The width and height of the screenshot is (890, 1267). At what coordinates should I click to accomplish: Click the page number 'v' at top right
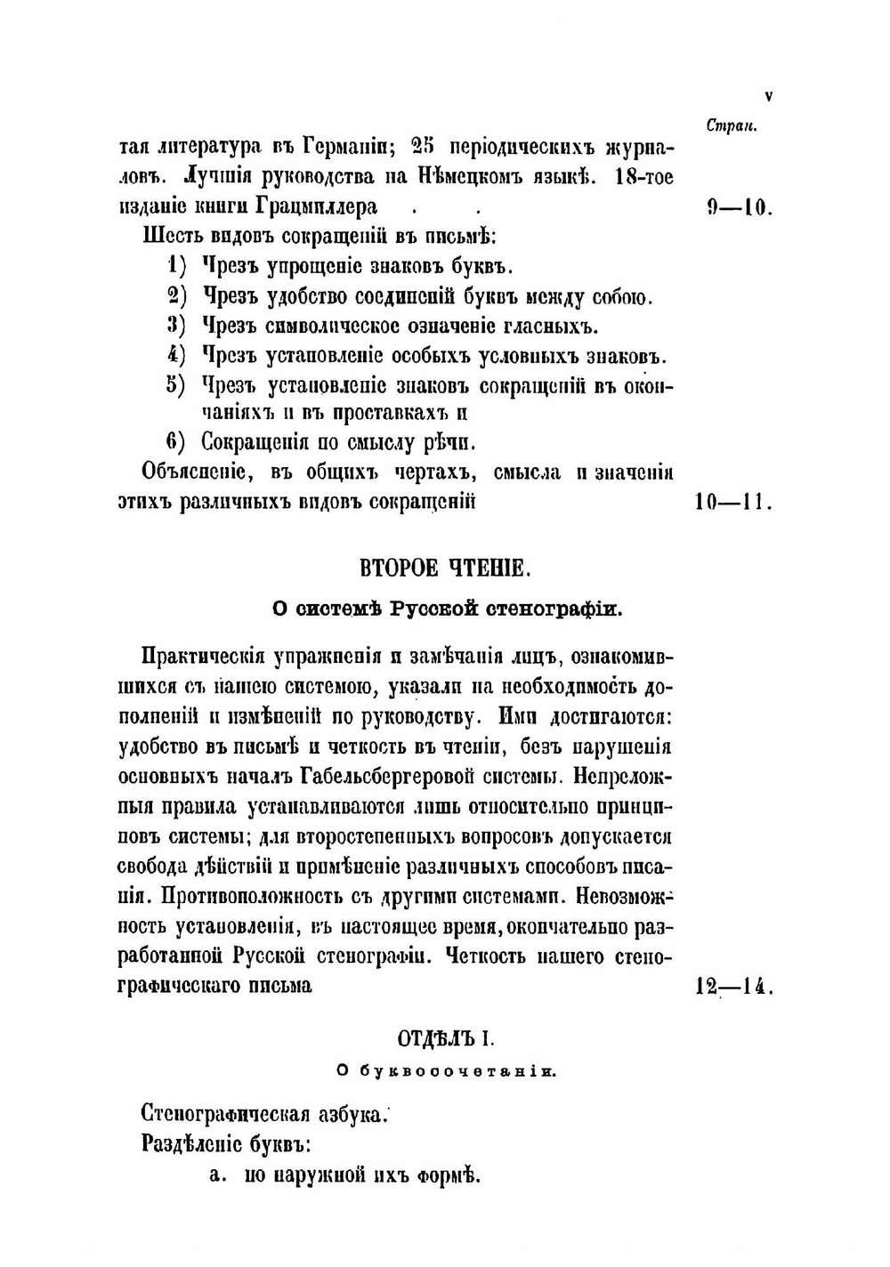point(768,96)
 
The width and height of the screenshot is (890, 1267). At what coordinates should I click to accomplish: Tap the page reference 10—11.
point(732,502)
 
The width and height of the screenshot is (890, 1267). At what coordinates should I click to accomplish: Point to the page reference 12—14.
point(732,986)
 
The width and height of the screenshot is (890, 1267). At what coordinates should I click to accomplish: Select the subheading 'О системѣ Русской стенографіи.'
point(446,609)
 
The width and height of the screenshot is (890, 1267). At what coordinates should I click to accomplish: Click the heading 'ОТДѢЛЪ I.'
point(445,1038)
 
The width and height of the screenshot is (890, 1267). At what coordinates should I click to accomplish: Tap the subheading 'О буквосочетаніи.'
point(446,1072)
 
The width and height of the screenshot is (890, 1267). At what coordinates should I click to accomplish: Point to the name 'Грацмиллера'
point(317,207)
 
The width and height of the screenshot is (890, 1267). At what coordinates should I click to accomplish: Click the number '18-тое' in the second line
point(644,176)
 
